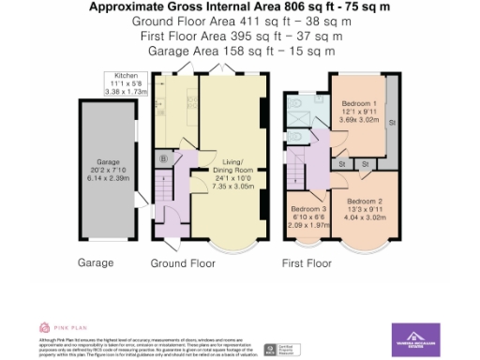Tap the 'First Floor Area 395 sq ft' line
[239, 36]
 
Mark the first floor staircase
[296, 172]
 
